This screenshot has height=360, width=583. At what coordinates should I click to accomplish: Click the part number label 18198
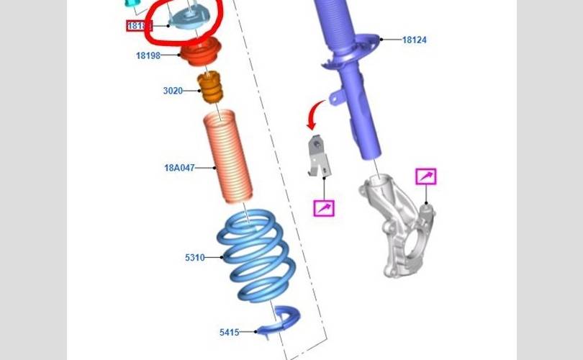pyautogui.click(x=148, y=55)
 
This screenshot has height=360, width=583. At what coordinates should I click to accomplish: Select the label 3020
pyautogui.click(x=173, y=91)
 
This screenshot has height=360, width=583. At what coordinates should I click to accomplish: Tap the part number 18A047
pyautogui.click(x=178, y=168)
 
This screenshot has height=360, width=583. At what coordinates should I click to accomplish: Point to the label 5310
pyautogui.click(x=195, y=257)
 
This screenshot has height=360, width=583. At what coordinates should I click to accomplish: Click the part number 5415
pyautogui.click(x=230, y=332)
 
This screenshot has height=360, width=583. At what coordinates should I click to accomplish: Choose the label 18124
pyautogui.click(x=414, y=40)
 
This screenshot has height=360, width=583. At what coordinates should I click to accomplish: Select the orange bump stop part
pyautogui.click(x=211, y=89)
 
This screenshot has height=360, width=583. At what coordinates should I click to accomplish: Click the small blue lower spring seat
pyautogui.click(x=281, y=324)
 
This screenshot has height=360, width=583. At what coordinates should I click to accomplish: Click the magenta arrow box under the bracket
pyautogui.click(x=323, y=208)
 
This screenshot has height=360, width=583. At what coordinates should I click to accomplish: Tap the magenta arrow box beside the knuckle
pyautogui.click(x=425, y=176)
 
